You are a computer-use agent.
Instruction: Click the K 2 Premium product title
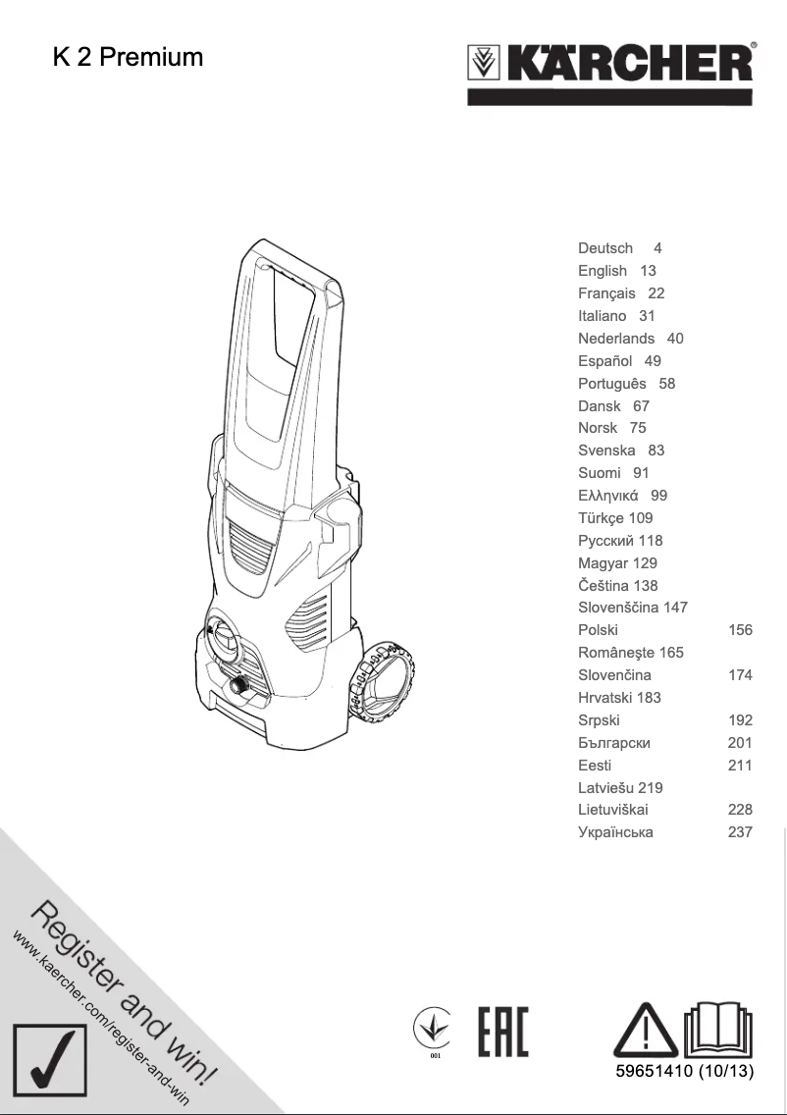click(128, 58)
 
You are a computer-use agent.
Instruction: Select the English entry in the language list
click(603, 271)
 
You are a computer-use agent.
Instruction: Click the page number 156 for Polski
click(740, 630)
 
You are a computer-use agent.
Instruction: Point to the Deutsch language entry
click(605, 248)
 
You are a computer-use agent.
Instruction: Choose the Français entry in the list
click(606, 293)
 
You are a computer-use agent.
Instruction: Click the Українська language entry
click(615, 832)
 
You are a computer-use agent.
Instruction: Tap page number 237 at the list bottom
click(740, 832)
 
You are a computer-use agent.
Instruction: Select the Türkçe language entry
click(601, 518)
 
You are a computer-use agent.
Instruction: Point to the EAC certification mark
click(502, 1032)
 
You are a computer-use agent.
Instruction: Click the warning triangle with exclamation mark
click(645, 1032)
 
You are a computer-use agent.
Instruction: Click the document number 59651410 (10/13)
click(684, 1071)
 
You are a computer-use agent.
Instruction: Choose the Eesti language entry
click(595, 766)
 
